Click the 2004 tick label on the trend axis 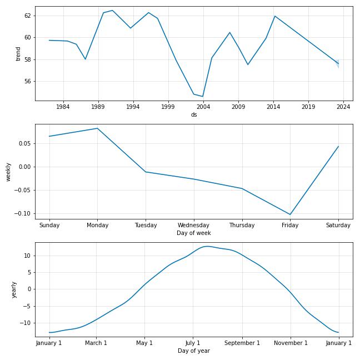(x=203, y=107)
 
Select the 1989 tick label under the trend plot (x=98, y=107)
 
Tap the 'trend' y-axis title (x=18, y=54)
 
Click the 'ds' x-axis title (x=194, y=114)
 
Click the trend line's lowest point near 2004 (x=203, y=97)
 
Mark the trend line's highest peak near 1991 (x=112, y=11)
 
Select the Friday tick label (x=290, y=225)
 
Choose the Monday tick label (x=97, y=225)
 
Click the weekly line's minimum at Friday (x=290, y=214)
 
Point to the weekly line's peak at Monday (x=97, y=128)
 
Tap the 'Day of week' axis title (x=194, y=233)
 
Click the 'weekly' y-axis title (x=8, y=172)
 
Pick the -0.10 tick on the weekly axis (x=23, y=213)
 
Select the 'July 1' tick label (x=193, y=343)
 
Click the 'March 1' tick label (x=96, y=343)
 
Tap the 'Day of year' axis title (x=194, y=351)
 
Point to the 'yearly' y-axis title (x=14, y=289)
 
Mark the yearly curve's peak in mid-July (x=207, y=246)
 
